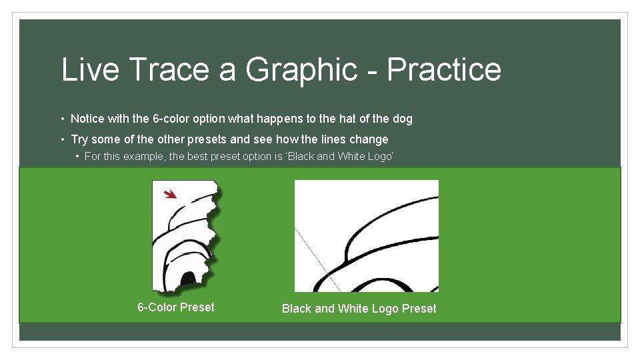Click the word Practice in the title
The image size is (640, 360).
click(x=444, y=70)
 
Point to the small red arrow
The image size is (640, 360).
click(x=171, y=194)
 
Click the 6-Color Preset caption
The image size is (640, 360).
click(x=176, y=307)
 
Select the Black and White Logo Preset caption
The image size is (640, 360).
click(x=359, y=309)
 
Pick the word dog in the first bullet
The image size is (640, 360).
click(x=403, y=119)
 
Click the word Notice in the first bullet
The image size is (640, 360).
click(x=87, y=119)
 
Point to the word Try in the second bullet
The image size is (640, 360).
click(x=79, y=139)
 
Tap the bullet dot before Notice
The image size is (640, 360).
click(x=62, y=119)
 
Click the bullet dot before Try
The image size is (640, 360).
click(x=62, y=140)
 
